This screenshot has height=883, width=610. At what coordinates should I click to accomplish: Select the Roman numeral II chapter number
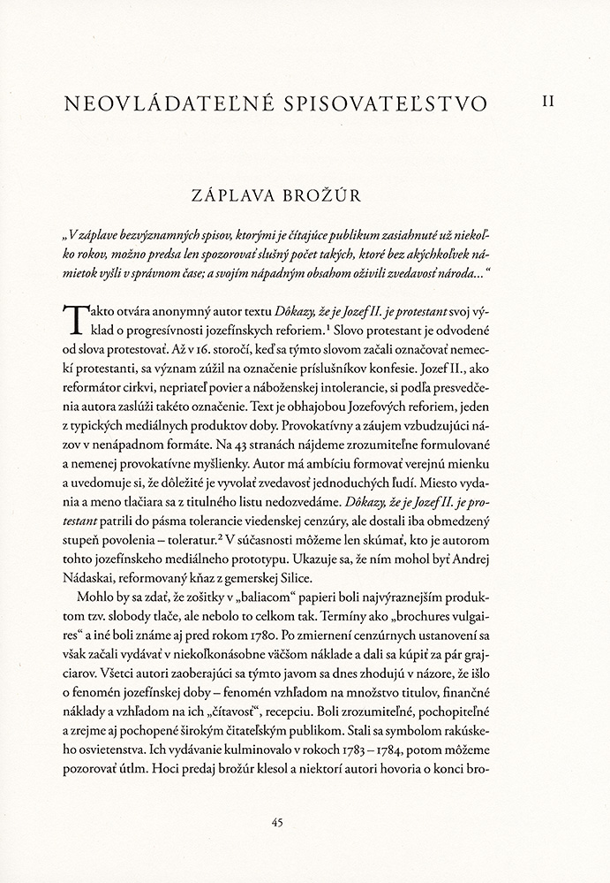[548, 103]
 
